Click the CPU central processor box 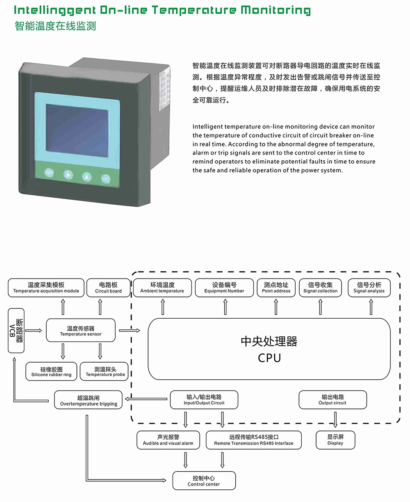coord(269,349)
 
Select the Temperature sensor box coord(80,331)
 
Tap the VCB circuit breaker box coord(16,331)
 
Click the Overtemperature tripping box coord(89,400)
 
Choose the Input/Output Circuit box coord(204,399)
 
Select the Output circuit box coord(333,399)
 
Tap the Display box coord(335,440)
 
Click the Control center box coord(204,481)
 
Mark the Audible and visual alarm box coord(168,440)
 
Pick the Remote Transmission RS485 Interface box coord(253,440)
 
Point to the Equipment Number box coord(224,288)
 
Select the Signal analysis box coord(369,288)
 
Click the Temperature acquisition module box coord(46,288)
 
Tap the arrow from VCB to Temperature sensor coord(34,330)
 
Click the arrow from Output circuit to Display coord(335,420)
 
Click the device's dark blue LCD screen coord(77,130)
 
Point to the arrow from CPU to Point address coord(276,307)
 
